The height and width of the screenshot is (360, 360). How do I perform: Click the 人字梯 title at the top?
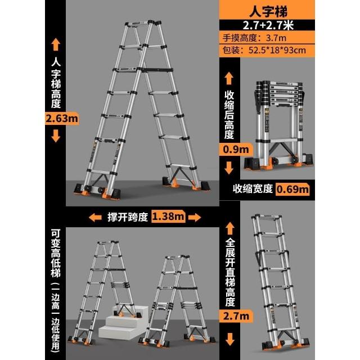click(268, 11)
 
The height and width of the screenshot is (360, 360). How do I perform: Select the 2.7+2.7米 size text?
click(268, 25)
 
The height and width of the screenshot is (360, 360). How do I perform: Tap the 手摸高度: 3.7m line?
click(254, 38)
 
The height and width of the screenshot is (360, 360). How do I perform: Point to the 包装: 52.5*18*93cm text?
click(264, 50)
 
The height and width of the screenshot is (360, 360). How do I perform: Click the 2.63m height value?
click(62, 119)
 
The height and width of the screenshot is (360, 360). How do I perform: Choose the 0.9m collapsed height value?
click(236, 150)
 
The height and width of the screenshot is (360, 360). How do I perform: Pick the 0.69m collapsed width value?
click(292, 189)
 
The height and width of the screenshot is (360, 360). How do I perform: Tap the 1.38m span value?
click(168, 216)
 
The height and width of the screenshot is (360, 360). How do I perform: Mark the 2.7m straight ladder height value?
click(236, 316)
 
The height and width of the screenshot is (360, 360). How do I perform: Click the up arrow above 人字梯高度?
click(56, 44)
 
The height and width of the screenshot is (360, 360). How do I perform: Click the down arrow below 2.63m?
click(56, 136)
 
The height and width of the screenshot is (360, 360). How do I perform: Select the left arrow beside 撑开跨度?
click(95, 218)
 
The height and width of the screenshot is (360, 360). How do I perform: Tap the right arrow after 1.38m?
click(195, 218)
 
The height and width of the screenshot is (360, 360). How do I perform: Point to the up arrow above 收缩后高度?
click(229, 78)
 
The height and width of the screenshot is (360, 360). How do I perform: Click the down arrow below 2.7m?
click(230, 339)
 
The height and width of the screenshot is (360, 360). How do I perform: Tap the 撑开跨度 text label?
click(128, 217)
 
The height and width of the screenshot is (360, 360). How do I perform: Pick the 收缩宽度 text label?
click(253, 189)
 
